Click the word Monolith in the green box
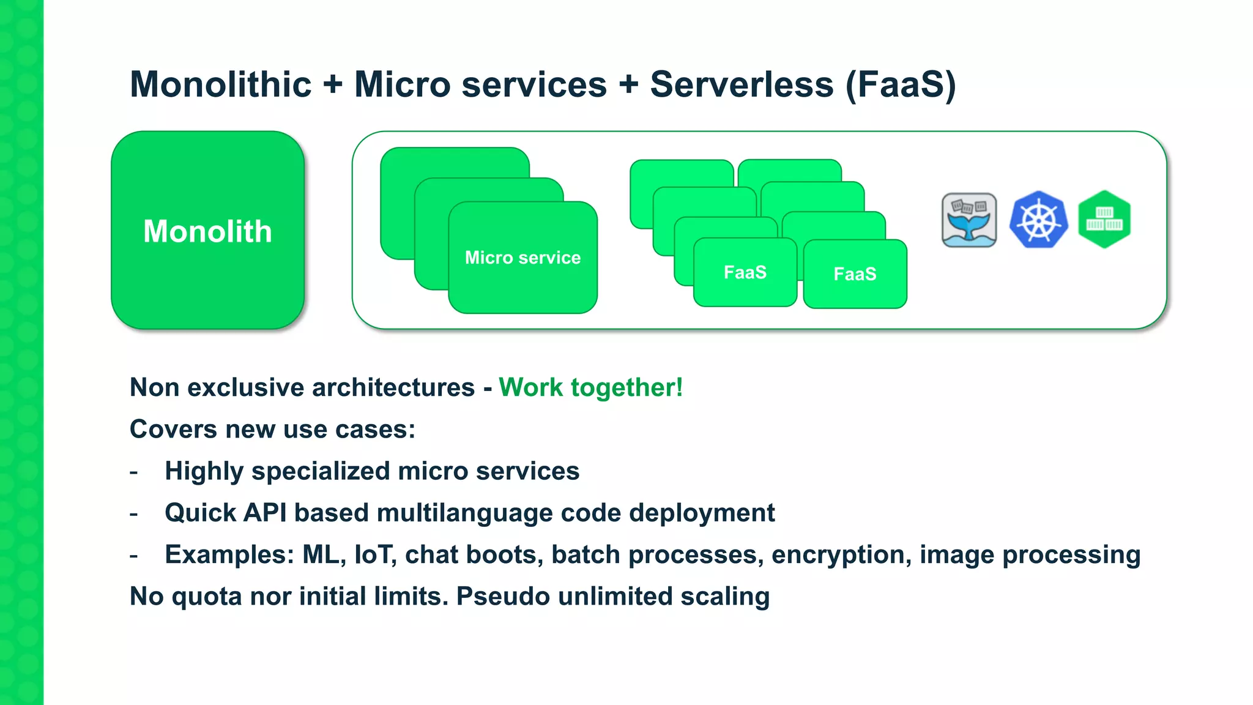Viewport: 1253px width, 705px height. [x=207, y=231]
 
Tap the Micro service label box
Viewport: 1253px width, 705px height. [x=522, y=258]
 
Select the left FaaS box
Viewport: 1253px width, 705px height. [x=745, y=272]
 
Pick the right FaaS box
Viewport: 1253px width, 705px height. [x=855, y=274]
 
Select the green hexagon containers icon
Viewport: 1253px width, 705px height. [x=1104, y=219]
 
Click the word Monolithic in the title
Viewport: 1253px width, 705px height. [x=221, y=84]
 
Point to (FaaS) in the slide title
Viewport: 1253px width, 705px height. [x=900, y=84]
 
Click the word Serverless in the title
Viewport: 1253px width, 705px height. [x=742, y=84]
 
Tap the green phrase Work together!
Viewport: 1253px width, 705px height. [x=590, y=387]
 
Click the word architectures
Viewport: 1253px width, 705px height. [x=392, y=387]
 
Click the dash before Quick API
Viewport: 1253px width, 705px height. [x=134, y=514]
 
